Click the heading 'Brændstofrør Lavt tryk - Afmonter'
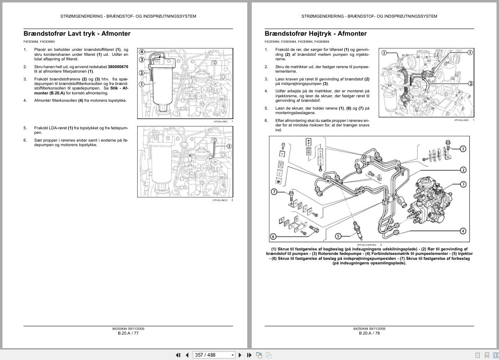click(77, 34)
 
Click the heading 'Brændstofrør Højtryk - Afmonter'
click(315, 34)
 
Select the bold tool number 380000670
click(118, 66)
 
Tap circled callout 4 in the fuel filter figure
click(142, 52)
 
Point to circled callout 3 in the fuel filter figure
click(142, 60)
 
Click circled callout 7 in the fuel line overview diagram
click(274, 192)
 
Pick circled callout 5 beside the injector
click(338, 236)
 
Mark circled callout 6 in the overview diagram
click(274, 236)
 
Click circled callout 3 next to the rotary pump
click(463, 184)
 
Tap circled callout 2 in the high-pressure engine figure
click(470, 83)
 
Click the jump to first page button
click(178, 355)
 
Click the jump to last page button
click(249, 355)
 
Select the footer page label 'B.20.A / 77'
click(128, 333)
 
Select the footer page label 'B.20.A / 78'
click(369, 333)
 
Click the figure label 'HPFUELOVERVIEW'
click(366, 245)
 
